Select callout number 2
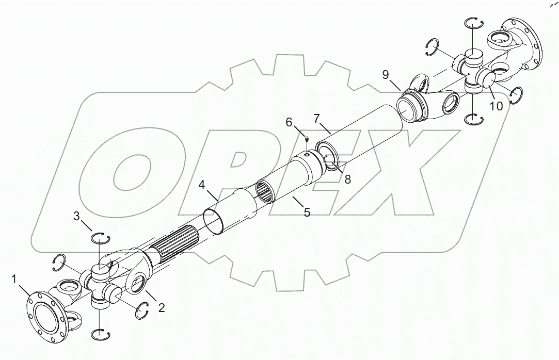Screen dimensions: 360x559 162,308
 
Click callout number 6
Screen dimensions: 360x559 290,122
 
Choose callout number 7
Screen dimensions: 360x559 317,118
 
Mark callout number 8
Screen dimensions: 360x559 347,179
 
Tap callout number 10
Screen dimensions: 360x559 496,107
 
